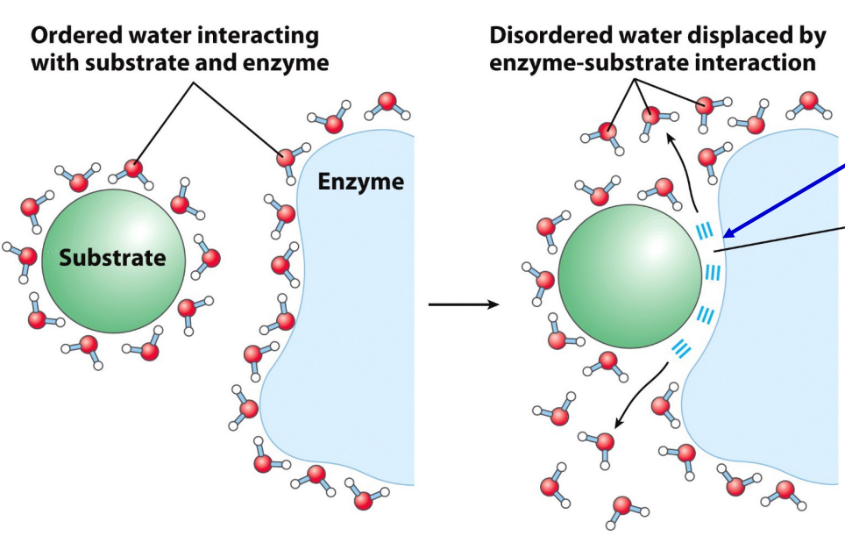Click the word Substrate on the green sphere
pos(112,258)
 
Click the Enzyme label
pos(360,182)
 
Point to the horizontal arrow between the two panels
pos(463,305)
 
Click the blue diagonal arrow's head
pos(726,234)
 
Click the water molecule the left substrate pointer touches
pos(133,168)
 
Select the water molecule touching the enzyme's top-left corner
pos(286,158)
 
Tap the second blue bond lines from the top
pos(712,273)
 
